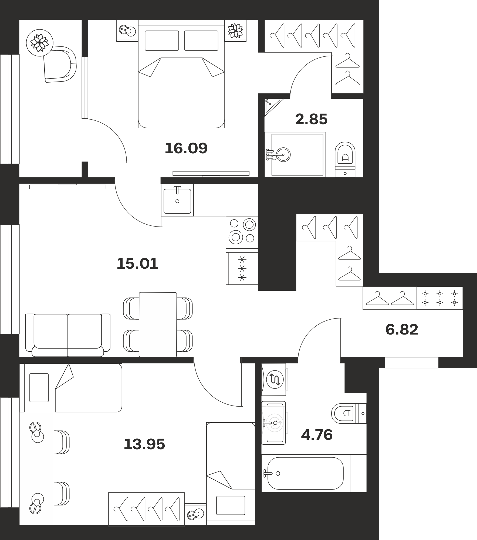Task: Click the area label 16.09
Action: [186, 148]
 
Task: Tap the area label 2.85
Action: [311, 119]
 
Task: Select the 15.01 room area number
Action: [137, 264]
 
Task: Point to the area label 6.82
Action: [402, 330]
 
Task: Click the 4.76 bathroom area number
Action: [317, 435]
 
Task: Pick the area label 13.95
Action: [144, 444]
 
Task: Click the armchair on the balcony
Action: [60, 64]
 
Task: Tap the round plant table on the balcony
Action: [40, 43]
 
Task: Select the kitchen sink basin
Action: [177, 201]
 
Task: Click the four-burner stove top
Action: [242, 232]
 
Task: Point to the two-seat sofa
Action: [68, 335]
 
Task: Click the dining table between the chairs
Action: [158, 325]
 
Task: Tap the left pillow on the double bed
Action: [162, 40]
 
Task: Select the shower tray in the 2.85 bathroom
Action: [295, 155]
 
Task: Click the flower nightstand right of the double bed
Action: [235, 31]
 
